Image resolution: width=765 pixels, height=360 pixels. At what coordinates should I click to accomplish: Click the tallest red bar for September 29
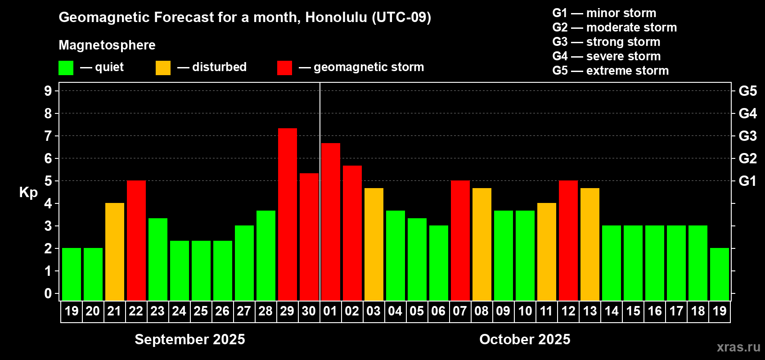click(x=288, y=215)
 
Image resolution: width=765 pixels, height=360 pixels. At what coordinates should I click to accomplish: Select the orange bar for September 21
click(x=115, y=252)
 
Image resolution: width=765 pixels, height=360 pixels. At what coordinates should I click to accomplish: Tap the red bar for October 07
click(x=460, y=240)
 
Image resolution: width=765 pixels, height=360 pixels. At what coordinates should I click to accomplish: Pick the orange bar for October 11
click(x=547, y=252)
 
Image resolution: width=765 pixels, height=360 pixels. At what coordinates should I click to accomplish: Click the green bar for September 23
click(x=158, y=260)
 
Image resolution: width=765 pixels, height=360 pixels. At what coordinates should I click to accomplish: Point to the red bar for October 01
click(x=331, y=222)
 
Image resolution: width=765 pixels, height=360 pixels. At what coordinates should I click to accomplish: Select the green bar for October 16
click(x=655, y=263)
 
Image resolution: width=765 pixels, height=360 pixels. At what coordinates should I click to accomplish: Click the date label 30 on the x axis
click(x=309, y=311)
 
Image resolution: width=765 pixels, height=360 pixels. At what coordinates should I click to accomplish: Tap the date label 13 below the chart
click(x=590, y=311)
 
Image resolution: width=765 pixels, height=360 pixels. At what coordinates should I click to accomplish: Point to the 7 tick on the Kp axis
click(x=48, y=136)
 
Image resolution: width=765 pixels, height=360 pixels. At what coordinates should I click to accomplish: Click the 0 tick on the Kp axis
click(x=48, y=293)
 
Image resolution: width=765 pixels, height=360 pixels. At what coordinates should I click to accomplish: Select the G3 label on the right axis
click(x=748, y=136)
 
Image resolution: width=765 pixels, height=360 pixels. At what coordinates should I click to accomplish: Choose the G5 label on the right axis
click(x=748, y=91)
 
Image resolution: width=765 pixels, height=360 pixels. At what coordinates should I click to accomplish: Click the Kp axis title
click(x=28, y=192)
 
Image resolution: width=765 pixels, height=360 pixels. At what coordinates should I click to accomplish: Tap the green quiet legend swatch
click(x=66, y=67)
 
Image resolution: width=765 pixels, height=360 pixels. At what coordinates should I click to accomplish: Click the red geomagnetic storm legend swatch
click(x=285, y=67)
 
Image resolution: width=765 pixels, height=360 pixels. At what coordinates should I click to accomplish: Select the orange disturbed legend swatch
click(x=163, y=67)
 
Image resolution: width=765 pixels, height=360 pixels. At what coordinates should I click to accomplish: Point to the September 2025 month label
click(x=190, y=339)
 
